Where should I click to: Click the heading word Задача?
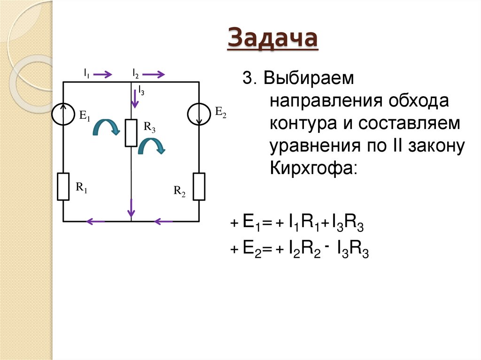pyautogui.click(x=272, y=38)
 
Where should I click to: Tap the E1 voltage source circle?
pyautogui.click(x=63, y=113)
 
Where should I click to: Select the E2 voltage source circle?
pyautogui.click(x=199, y=113)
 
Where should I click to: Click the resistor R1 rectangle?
pyautogui.click(x=63, y=186)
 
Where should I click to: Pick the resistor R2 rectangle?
pyautogui.click(x=199, y=186)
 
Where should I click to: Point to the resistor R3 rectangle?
pyautogui.click(x=131, y=133)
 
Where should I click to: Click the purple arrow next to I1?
pyautogui.click(x=105, y=74)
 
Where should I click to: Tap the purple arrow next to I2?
pyautogui.click(x=155, y=74)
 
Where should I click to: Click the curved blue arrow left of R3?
pyautogui.click(x=105, y=126)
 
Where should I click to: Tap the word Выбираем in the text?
pyautogui.click(x=308, y=78)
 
